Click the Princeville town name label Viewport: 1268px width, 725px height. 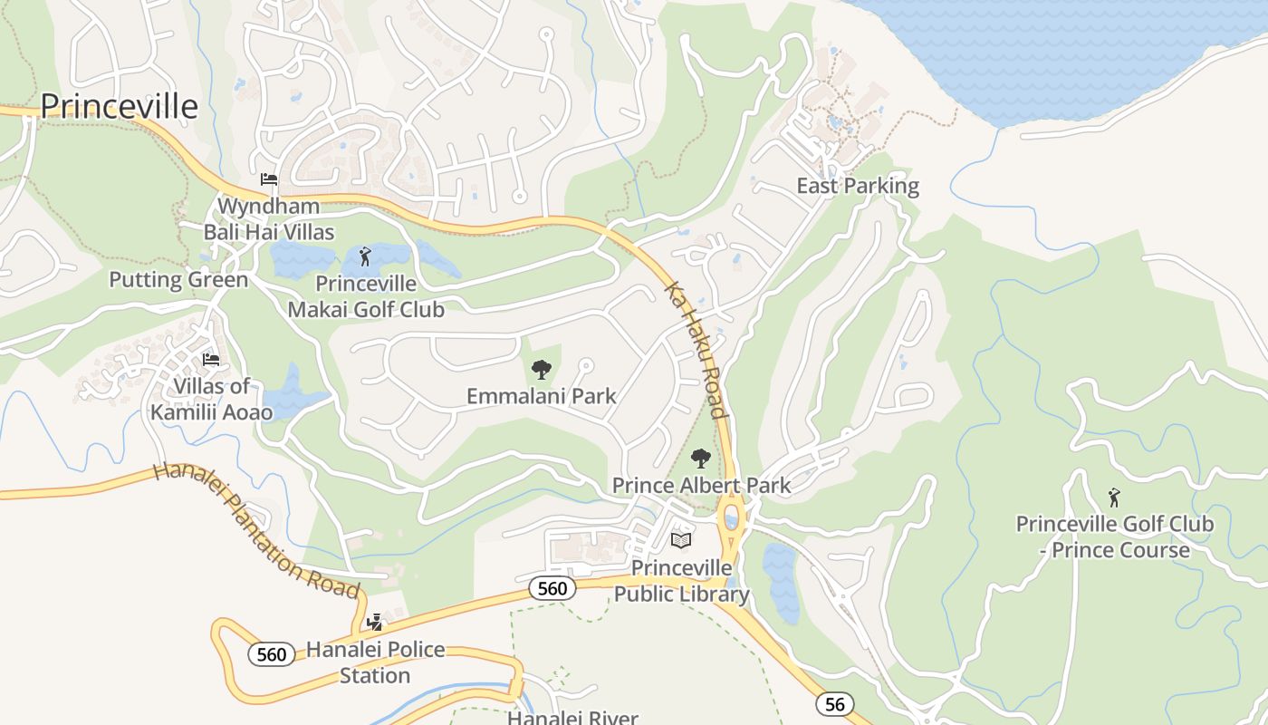[119, 106]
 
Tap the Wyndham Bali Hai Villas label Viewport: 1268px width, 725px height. [269, 218]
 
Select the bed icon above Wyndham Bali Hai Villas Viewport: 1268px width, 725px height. [269, 179]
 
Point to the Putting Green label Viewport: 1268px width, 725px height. [178, 279]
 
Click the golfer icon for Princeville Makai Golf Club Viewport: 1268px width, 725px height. [365, 256]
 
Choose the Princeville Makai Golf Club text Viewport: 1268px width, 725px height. [366, 296]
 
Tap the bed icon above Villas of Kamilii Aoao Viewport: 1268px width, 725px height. [211, 359]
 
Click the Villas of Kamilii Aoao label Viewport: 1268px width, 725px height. [211, 400]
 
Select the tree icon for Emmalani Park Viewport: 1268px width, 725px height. [541, 369]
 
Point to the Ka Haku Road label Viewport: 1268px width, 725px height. [696, 350]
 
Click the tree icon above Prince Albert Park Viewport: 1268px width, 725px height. [700, 458]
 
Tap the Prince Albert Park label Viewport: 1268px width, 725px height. [701, 485]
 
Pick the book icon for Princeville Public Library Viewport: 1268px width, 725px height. [680, 540]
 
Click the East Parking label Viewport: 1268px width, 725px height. [858, 186]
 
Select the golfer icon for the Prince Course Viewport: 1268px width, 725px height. [1114, 498]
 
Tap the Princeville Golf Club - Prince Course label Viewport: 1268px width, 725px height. [1114, 536]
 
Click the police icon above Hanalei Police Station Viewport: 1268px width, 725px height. [375, 622]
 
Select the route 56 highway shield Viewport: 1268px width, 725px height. [833, 703]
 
